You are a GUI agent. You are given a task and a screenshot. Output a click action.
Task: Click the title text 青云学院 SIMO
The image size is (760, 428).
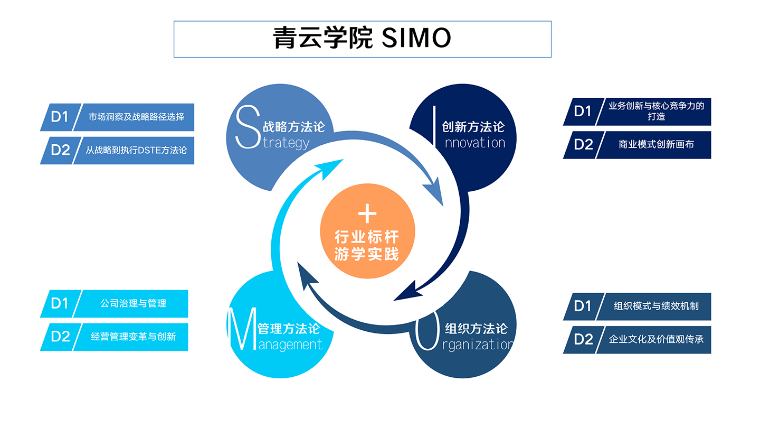[362, 39]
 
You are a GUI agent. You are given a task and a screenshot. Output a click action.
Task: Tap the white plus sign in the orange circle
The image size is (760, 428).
[367, 213]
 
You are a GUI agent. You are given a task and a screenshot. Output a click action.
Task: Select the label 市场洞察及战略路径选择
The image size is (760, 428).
[136, 117]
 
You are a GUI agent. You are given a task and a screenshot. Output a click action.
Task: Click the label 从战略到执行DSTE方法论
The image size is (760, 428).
[136, 150]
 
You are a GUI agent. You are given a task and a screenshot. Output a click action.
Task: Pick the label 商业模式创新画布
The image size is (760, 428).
[656, 144]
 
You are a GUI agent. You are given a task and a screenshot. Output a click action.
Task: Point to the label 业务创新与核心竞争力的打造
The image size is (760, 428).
[656, 111]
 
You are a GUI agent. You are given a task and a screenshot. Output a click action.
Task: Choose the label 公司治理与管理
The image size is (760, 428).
[133, 303]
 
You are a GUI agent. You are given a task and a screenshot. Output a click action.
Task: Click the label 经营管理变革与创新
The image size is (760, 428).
[133, 337]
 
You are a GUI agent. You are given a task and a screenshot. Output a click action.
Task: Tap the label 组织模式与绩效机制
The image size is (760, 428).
[656, 306]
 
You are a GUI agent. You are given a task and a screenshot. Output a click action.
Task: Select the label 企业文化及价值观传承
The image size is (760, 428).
[656, 339]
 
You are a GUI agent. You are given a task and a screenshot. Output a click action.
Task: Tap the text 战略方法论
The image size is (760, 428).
[293, 127]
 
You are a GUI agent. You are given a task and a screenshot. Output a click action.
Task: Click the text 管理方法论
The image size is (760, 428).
[288, 328]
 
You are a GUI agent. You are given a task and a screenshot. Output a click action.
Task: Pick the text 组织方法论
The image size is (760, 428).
[476, 329]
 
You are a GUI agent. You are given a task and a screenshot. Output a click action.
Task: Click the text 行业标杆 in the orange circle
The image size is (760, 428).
[367, 237]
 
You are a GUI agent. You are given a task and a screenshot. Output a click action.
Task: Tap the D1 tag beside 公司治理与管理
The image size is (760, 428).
[60, 303]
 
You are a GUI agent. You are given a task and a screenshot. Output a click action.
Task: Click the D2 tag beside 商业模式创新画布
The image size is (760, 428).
[583, 144]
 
